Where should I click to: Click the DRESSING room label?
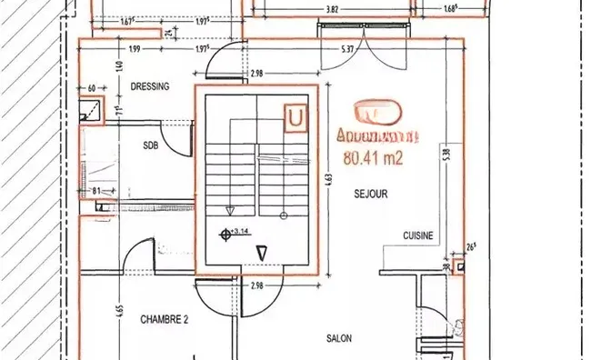[x=151, y=87]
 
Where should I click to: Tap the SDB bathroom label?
[x=151, y=145]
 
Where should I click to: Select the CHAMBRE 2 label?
[x=165, y=319]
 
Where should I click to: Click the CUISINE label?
[x=419, y=235]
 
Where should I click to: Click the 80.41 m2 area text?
[x=373, y=156]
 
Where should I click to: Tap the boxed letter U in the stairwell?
[x=295, y=118]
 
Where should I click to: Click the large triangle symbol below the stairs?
[x=261, y=254]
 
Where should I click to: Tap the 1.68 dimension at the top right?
[x=450, y=10]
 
